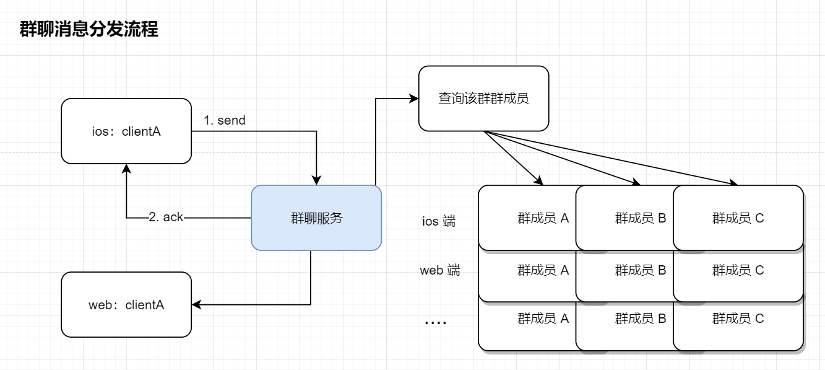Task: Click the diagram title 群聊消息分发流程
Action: tap(89, 29)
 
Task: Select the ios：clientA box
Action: tap(126, 131)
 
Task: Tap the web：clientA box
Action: tap(126, 304)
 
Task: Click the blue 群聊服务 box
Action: tap(316, 218)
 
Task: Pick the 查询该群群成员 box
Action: tap(483, 99)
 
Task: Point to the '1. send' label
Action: tap(225, 120)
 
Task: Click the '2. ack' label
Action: tap(166, 218)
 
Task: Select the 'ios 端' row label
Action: tap(439, 221)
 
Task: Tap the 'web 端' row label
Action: tap(440, 270)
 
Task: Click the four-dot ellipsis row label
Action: tap(436, 322)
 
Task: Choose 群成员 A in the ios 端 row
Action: tap(543, 218)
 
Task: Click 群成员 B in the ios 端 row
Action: tap(640, 218)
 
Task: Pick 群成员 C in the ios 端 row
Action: tap(738, 218)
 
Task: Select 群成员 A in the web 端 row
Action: tap(543, 270)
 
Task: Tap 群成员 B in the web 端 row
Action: tap(640, 270)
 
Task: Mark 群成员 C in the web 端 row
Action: tap(738, 270)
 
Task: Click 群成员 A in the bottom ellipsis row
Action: tap(543, 319)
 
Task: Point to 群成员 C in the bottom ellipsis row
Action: tap(738, 319)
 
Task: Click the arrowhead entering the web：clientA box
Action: tap(197, 304)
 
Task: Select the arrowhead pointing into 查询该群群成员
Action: tap(414, 98)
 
